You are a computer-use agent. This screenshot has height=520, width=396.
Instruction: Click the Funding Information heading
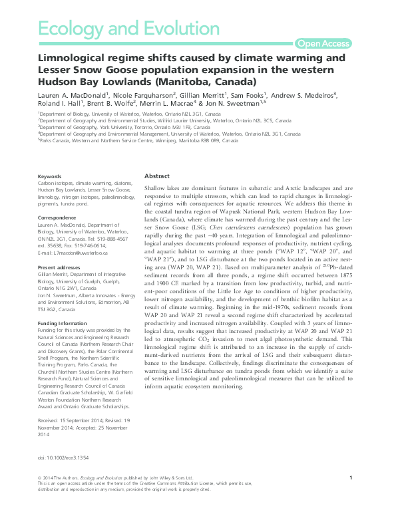click(x=64, y=307)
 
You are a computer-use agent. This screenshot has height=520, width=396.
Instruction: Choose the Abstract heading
click(x=158, y=176)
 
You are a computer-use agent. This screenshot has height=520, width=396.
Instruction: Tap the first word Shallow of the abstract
click(x=157, y=190)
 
